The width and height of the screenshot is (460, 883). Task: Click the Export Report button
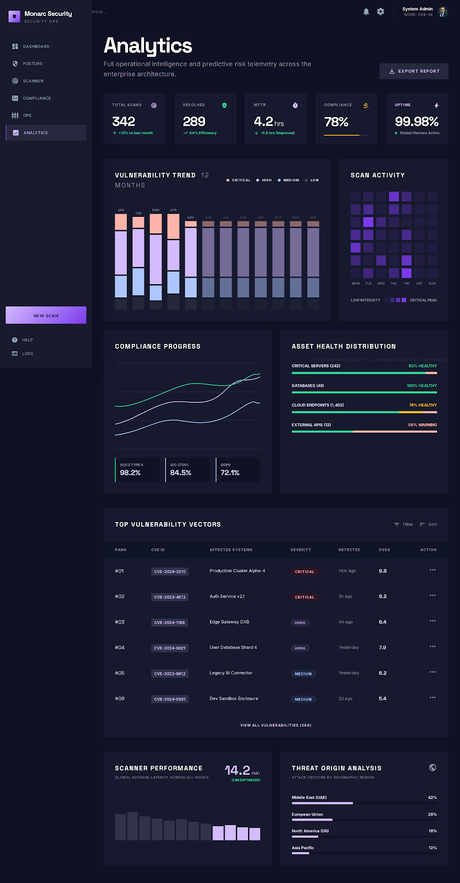click(414, 71)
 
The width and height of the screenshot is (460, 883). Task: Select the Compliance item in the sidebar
click(36, 98)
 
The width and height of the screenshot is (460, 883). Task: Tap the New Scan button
click(46, 315)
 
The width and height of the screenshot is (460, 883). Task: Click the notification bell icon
click(366, 12)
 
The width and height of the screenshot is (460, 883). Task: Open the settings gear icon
click(381, 12)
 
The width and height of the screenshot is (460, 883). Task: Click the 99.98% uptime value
click(416, 121)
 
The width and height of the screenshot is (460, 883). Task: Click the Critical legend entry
click(238, 180)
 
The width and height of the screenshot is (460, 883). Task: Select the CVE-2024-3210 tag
click(170, 572)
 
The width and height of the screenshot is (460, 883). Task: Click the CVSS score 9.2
click(383, 597)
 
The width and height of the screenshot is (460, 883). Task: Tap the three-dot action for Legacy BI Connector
click(432, 672)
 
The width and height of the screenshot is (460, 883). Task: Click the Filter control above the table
click(404, 524)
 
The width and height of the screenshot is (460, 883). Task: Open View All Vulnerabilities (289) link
click(276, 725)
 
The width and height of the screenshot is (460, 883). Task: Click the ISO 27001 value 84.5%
click(180, 473)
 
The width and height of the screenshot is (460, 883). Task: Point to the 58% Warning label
click(422, 425)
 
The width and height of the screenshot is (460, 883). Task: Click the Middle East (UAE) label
click(309, 797)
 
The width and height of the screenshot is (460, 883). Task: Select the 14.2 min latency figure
click(238, 770)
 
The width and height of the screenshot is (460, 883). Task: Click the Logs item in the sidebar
click(28, 354)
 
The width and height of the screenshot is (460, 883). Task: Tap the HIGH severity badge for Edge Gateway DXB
click(300, 623)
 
